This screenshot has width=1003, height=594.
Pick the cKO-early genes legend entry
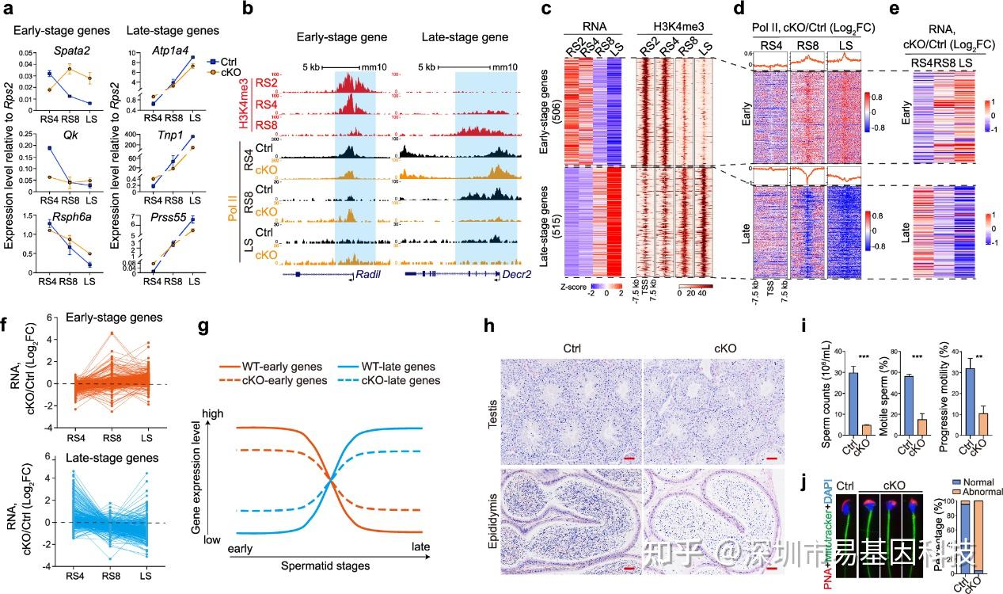tap(281, 382)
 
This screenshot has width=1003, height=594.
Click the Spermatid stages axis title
tap(325, 567)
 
